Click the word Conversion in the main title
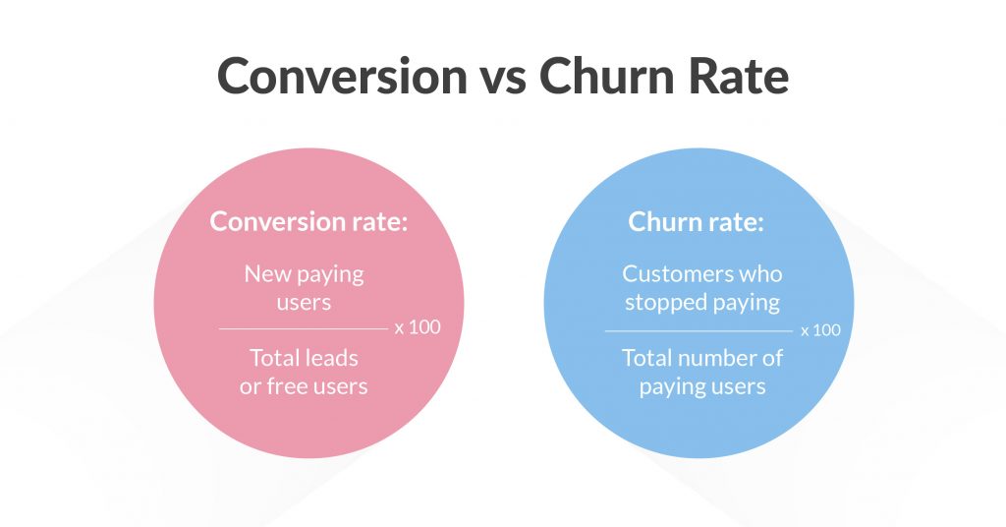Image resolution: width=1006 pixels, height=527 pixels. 343,76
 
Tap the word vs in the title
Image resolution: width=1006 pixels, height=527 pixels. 504,81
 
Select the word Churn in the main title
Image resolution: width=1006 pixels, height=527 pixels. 607,76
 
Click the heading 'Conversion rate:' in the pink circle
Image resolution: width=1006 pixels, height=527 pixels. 308,221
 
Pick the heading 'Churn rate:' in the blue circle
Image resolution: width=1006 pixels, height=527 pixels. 697,221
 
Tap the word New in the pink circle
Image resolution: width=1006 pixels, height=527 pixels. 267,274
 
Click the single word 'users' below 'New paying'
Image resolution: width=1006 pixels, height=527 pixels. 305,302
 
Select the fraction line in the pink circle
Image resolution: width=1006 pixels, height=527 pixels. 304,329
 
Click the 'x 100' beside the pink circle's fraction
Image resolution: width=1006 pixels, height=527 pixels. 418,327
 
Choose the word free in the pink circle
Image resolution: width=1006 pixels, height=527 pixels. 290,385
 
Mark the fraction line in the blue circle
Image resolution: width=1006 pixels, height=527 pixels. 699,331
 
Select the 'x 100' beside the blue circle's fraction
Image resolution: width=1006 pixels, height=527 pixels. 820,330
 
